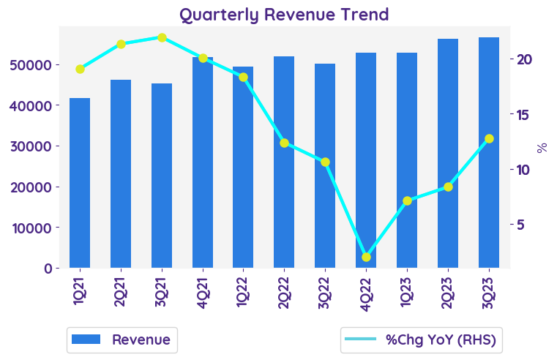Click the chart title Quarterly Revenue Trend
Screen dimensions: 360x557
click(x=284, y=15)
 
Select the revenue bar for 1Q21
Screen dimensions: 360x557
click(x=80, y=183)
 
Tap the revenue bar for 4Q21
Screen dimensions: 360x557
click(x=203, y=162)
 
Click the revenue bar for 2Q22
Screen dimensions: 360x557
click(x=284, y=162)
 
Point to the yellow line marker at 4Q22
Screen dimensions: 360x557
click(x=366, y=257)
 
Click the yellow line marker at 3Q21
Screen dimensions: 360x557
click(x=162, y=37)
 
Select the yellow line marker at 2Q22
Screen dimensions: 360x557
click(x=284, y=143)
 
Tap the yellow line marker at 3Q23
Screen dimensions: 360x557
click(x=489, y=138)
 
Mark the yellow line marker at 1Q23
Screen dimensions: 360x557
click(x=407, y=200)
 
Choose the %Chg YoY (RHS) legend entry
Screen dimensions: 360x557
click(x=422, y=340)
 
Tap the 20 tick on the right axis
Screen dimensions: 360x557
click(x=526, y=59)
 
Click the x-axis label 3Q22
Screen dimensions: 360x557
click(x=325, y=292)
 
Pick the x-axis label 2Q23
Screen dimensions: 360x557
click(x=448, y=292)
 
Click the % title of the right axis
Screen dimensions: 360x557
click(x=542, y=147)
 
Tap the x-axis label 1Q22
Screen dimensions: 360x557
click(x=243, y=292)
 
